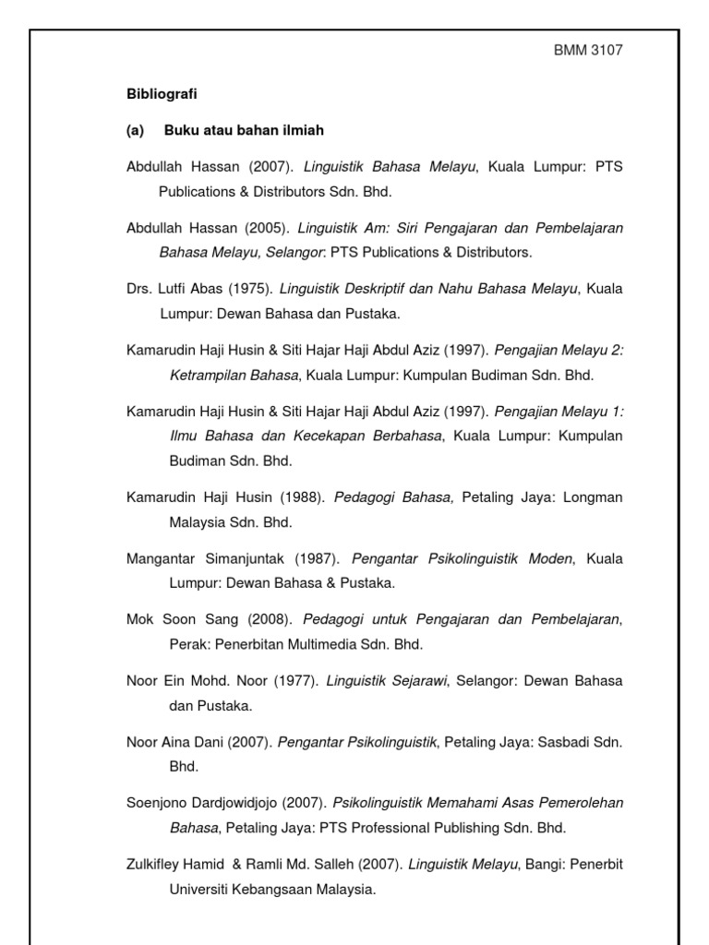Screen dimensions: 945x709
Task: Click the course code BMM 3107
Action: pyautogui.click(x=587, y=51)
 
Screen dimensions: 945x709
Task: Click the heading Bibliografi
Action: pyautogui.click(x=162, y=94)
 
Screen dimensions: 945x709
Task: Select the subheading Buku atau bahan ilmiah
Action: pyautogui.click(x=244, y=130)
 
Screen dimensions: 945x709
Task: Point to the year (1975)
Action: pyautogui.click(x=246, y=289)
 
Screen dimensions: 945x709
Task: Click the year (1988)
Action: pyautogui.click(x=302, y=497)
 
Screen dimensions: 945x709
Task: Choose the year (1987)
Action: pyautogui.click(x=318, y=558)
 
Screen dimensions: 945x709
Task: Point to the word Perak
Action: pyautogui.click(x=186, y=644)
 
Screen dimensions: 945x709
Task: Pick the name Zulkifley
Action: pyautogui.click(x=158, y=865)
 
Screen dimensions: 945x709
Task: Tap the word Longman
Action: pyautogui.click(x=592, y=497)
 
